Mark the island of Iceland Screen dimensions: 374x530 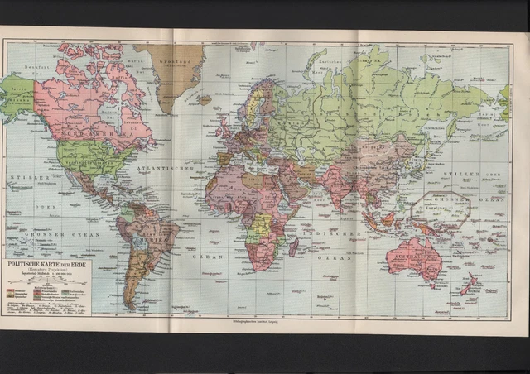(x=205, y=99)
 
